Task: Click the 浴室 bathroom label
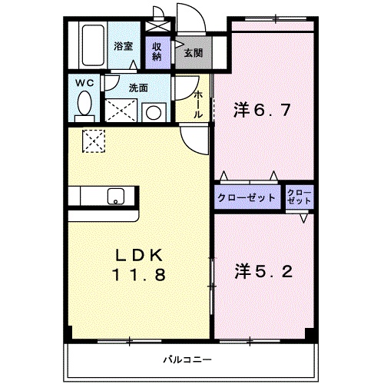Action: click(x=124, y=46)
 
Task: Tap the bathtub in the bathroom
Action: click(x=93, y=45)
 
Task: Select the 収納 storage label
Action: click(x=157, y=51)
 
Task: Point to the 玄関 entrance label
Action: click(x=194, y=53)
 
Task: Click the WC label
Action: click(x=84, y=83)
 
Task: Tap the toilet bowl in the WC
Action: click(x=84, y=104)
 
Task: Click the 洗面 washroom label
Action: click(x=138, y=88)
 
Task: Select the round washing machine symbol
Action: click(x=154, y=113)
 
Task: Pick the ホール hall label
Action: click(x=198, y=104)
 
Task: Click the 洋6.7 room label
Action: click(x=262, y=110)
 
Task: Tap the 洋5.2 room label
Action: click(x=263, y=272)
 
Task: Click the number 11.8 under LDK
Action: click(x=139, y=274)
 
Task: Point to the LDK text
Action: click(x=139, y=255)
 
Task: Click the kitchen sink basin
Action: click(x=116, y=197)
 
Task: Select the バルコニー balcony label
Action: click(x=187, y=360)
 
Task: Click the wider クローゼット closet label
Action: click(x=247, y=197)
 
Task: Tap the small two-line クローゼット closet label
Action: click(x=300, y=197)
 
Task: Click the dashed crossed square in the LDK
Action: click(x=94, y=141)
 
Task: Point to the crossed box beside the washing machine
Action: click(x=121, y=111)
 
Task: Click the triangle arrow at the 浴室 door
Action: click(x=133, y=65)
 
